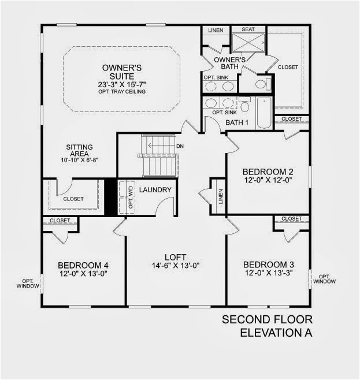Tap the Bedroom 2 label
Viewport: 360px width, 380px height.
(x=268, y=172)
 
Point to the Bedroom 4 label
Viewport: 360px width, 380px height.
(x=83, y=265)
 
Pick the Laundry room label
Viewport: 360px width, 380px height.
(x=155, y=189)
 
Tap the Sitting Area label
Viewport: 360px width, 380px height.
(x=79, y=147)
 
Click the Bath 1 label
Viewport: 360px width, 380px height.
(x=237, y=122)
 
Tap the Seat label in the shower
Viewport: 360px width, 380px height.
(x=248, y=29)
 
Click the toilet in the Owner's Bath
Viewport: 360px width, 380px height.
(x=261, y=84)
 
